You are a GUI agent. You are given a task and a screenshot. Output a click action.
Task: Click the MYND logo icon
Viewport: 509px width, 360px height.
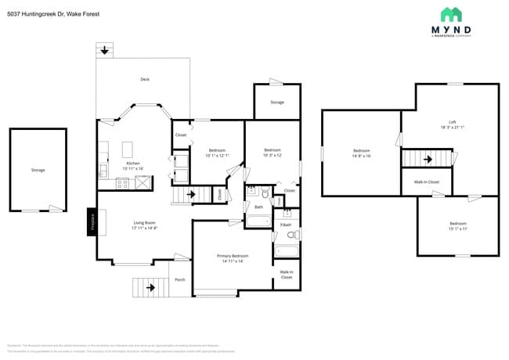451,14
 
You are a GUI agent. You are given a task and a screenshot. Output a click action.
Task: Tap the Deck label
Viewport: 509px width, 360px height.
144,80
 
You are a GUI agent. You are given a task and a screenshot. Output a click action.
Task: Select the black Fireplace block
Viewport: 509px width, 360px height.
92,221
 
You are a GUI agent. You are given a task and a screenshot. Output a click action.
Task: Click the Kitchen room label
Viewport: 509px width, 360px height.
133,165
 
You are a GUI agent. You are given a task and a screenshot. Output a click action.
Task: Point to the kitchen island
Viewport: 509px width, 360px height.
129,149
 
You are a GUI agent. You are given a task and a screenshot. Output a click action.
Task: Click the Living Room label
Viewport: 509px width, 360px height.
144,225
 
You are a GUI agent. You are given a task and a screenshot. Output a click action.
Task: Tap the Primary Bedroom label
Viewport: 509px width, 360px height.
233,258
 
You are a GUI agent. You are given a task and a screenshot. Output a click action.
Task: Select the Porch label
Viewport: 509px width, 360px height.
179,279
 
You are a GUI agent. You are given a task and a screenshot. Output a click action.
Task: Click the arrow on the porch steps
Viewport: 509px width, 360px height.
150,287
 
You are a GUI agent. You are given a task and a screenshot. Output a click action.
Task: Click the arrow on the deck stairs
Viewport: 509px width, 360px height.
105,50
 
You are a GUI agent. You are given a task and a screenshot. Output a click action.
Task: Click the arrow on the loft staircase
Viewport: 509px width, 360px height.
428,159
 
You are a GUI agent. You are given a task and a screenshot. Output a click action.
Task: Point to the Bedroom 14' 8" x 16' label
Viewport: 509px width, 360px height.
361,153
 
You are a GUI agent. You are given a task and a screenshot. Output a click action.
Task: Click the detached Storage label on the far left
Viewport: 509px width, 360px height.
38,170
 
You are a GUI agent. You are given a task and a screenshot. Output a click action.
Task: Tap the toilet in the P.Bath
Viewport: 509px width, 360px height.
290,234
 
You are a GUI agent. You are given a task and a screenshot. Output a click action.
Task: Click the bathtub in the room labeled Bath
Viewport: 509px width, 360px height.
258,221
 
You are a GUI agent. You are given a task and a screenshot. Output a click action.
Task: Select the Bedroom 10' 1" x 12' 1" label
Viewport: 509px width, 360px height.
217,153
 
